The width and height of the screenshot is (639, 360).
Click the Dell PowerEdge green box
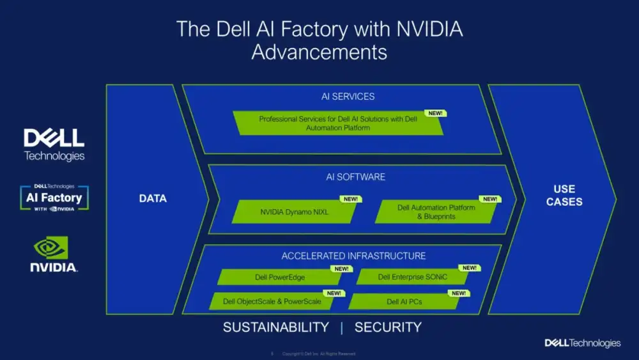click(280, 277)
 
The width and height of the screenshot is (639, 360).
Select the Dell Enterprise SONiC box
click(413, 277)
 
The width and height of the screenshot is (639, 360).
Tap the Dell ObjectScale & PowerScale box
click(272, 301)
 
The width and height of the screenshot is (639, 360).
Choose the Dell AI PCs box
click(404, 301)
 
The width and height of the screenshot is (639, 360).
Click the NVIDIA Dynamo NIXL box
click(295, 212)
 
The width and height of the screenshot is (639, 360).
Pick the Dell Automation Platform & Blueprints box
click(436, 212)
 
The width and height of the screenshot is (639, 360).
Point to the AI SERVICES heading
click(348, 97)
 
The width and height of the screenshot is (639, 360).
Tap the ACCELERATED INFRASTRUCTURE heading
click(353, 256)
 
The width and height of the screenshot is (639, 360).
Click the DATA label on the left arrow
click(153, 198)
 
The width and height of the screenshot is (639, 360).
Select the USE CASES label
click(564, 195)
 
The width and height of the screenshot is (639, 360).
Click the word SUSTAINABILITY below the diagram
click(275, 327)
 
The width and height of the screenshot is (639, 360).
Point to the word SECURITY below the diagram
click(388, 327)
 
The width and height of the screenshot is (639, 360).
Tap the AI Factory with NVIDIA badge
click(54, 198)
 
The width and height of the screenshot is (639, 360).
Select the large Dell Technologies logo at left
click(54, 145)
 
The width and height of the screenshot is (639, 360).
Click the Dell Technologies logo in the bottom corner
click(582, 343)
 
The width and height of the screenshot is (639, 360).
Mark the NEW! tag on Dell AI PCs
click(459, 293)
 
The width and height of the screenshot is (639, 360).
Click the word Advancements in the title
click(319, 52)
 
